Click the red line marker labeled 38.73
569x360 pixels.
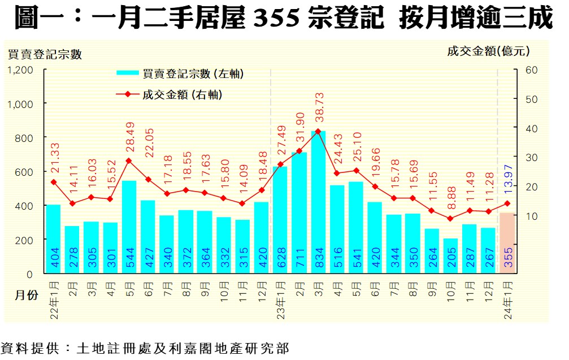(318, 131)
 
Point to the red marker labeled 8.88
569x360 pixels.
(450, 219)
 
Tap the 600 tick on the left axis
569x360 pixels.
(26, 172)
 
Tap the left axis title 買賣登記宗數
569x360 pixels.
(45, 55)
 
